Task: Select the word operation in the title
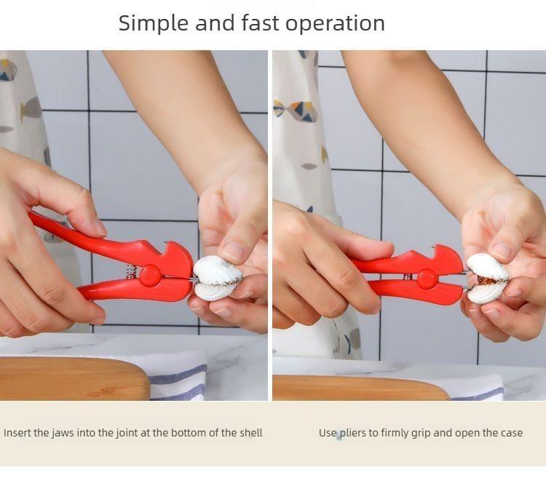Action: click(335, 23)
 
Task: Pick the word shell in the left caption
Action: click(250, 433)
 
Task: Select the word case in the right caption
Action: click(510, 433)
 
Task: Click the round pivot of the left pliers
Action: click(151, 276)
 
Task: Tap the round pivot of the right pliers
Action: click(426, 277)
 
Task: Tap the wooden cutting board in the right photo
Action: click(357, 387)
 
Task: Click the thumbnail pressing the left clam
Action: click(232, 251)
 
